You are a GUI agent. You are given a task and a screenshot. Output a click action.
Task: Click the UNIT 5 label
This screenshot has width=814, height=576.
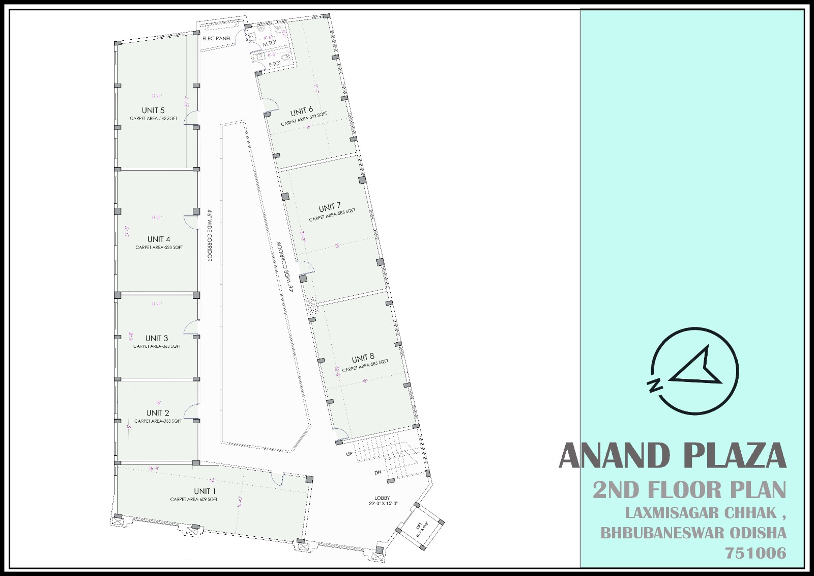pos(153,111)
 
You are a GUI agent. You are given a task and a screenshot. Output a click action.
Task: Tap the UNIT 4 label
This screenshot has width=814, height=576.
pos(159,239)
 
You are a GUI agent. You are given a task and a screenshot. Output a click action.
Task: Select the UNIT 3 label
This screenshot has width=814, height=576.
pos(157,338)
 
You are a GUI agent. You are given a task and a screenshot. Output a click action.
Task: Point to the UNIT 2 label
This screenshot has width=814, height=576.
pos(158,413)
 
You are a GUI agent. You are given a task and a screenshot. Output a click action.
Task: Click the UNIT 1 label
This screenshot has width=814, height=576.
pos(205,491)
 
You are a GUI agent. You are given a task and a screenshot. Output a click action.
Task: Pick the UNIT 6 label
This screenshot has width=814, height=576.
pos(302,112)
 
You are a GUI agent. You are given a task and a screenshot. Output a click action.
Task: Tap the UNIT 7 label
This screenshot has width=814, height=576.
pos(330,208)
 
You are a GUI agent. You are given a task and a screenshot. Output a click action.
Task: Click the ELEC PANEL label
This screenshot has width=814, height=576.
pos(217,39)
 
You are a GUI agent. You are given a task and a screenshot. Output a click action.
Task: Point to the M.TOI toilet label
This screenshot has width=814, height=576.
pos(270,43)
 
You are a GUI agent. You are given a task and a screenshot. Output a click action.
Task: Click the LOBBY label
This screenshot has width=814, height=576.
pos(382,498)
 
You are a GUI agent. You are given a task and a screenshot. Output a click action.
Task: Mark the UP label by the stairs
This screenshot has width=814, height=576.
pos(350,453)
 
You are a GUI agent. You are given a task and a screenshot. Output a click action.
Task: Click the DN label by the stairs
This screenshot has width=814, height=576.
pos(378,473)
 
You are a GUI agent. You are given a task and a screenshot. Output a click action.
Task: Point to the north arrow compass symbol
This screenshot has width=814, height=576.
pos(694,369)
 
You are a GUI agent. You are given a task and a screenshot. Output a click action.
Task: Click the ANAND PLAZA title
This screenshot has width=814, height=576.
pos(673,455)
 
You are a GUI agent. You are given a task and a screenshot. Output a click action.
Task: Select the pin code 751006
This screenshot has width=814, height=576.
pos(758,553)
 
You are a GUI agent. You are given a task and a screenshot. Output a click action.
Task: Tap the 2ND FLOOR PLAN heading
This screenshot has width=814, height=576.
pos(689,490)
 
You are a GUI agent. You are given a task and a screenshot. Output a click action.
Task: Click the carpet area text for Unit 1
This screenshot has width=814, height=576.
pos(194,500)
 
